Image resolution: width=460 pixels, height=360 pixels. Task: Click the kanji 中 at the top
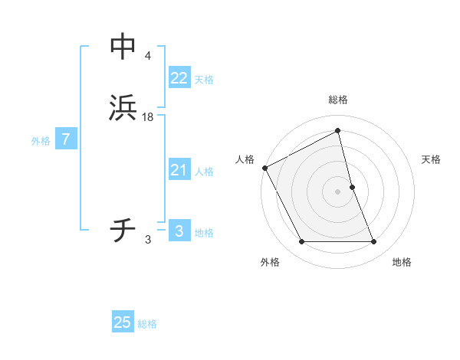pyautogui.click(x=123, y=46)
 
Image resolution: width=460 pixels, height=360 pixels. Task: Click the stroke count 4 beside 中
pyautogui.click(x=147, y=55)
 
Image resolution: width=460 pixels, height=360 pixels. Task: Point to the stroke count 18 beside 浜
pyautogui.click(x=148, y=117)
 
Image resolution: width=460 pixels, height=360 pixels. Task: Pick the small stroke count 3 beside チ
pyautogui.click(x=148, y=240)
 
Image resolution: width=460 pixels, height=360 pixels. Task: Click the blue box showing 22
pyautogui.click(x=179, y=77)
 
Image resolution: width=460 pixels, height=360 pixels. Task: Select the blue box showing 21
pyautogui.click(x=179, y=170)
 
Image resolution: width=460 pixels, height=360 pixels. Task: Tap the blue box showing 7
pyautogui.click(x=66, y=139)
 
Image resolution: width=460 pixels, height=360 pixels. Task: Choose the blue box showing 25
pyautogui.click(x=123, y=322)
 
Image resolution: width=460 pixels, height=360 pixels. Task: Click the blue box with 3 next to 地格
pyautogui.click(x=179, y=231)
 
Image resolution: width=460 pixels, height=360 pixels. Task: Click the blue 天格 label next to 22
pyautogui.click(x=204, y=80)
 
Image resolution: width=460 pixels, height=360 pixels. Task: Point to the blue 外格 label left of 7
pyautogui.click(x=41, y=141)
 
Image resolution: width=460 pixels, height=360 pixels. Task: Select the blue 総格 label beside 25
pyautogui.click(x=147, y=324)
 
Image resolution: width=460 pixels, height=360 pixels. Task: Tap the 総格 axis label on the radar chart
pyautogui.click(x=338, y=100)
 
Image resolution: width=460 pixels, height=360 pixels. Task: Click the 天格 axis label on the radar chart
pyautogui.click(x=432, y=159)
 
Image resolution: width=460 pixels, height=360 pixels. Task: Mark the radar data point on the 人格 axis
pyautogui.click(x=264, y=168)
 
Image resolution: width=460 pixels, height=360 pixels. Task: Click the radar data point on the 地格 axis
pyautogui.click(x=374, y=242)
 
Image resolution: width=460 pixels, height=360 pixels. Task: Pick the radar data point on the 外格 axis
pyautogui.click(x=301, y=242)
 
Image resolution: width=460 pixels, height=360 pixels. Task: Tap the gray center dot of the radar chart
pyautogui.click(x=338, y=191)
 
